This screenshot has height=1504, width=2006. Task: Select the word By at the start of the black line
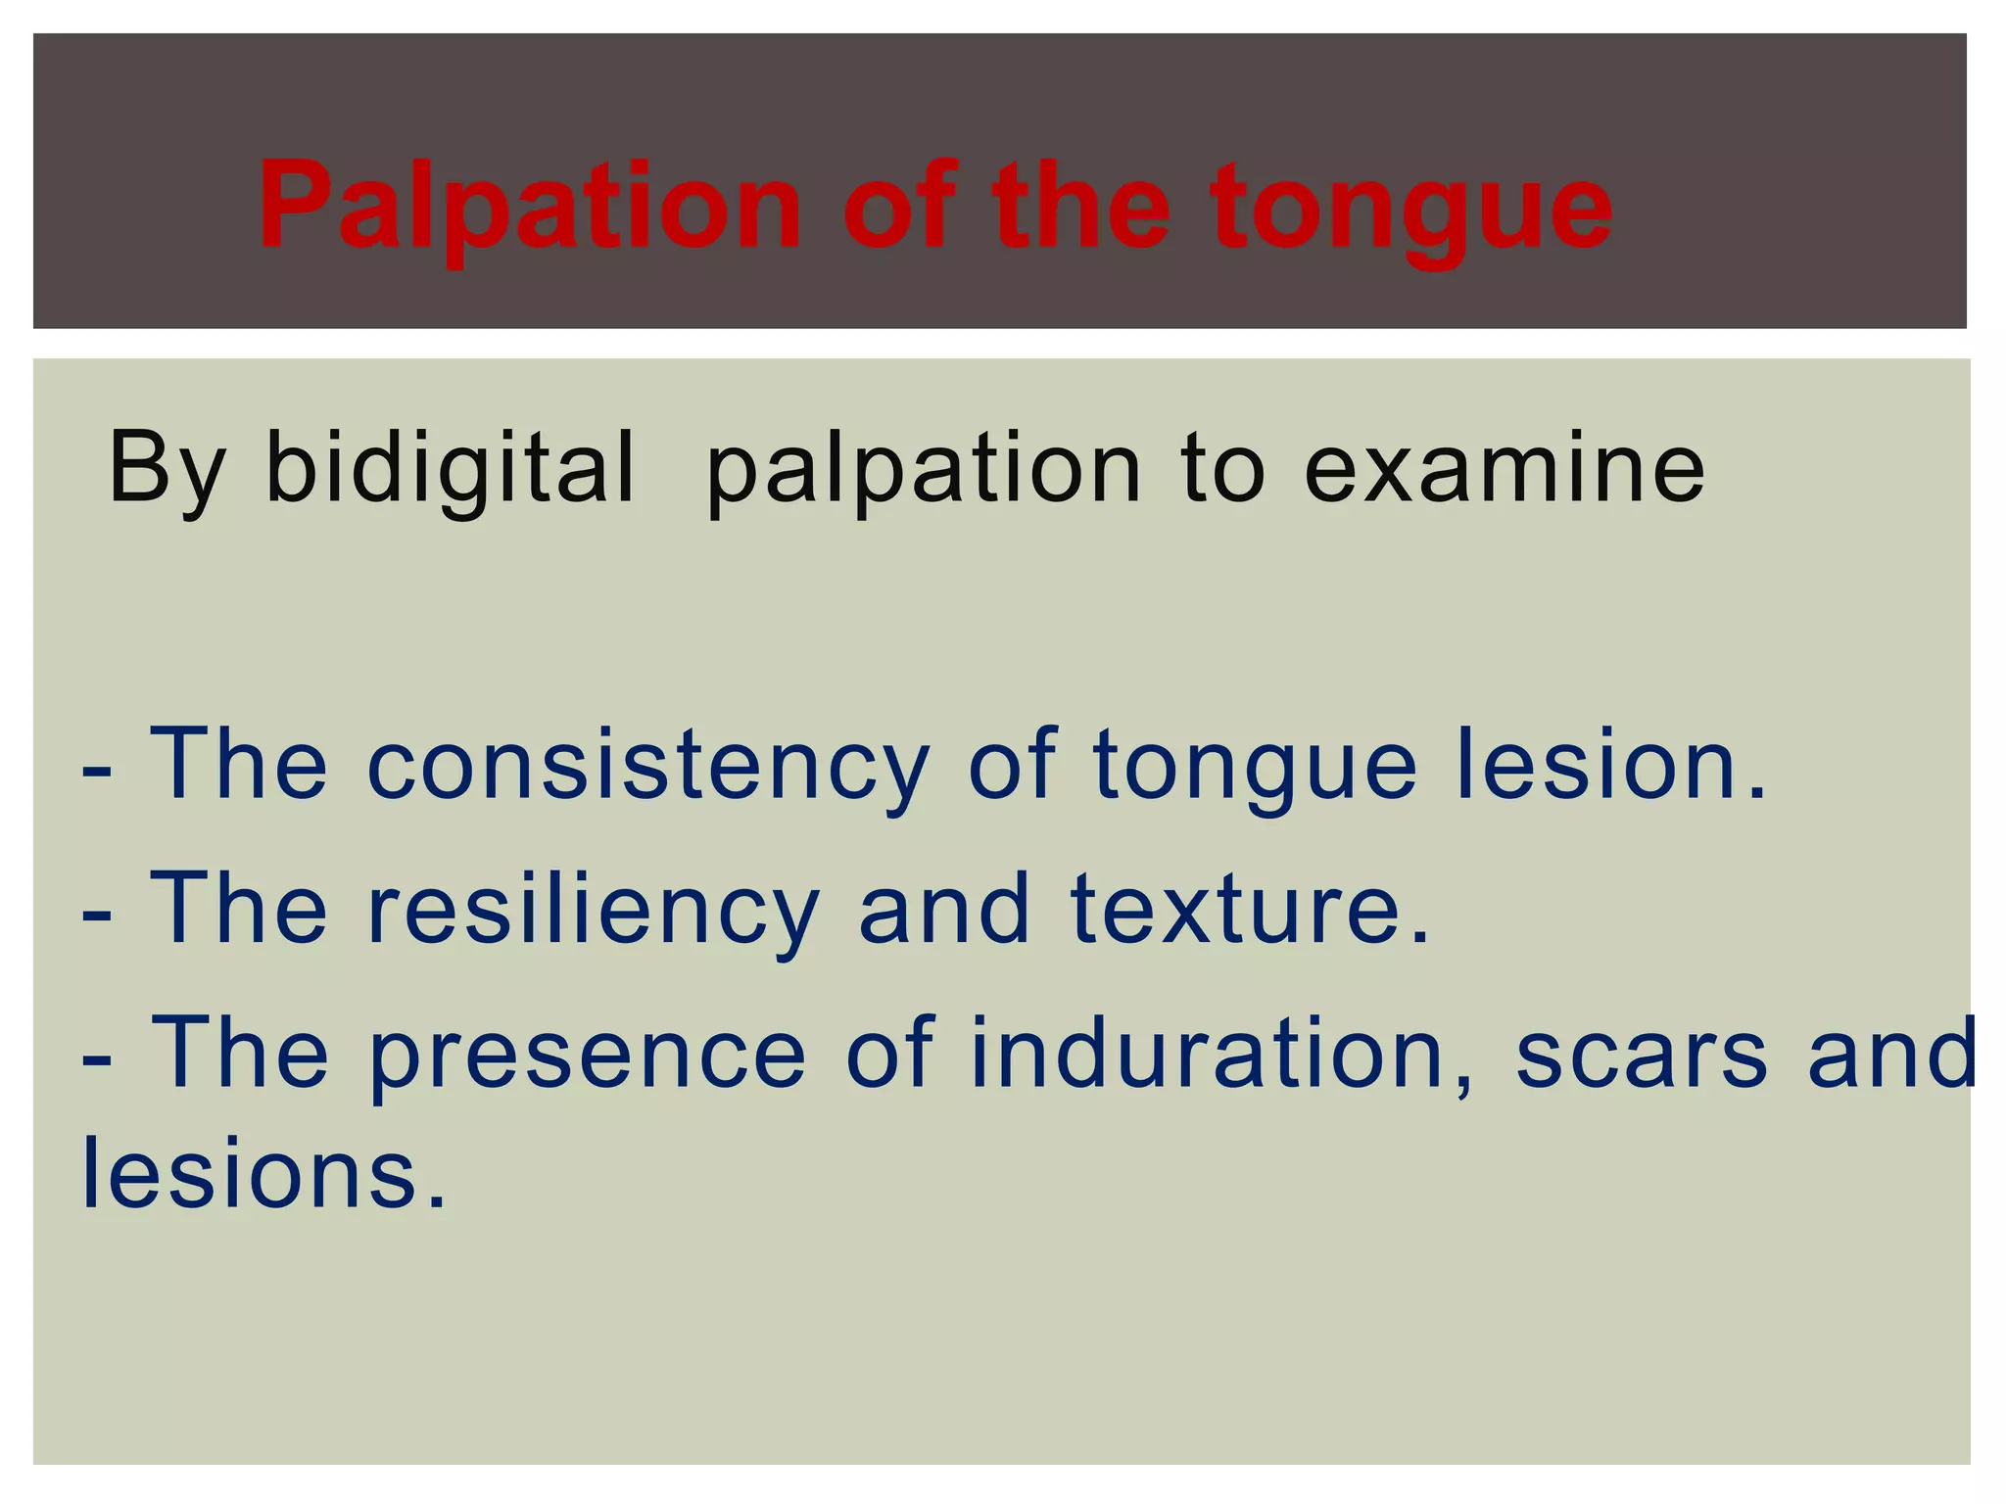(167, 471)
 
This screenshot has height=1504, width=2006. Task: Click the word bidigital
(451, 471)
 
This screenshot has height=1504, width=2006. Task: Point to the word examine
(1504, 469)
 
